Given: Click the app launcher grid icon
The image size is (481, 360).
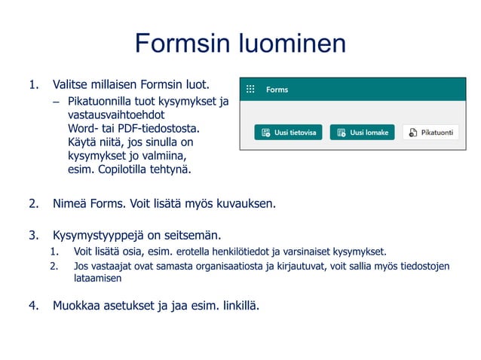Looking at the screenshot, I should pos(250,90).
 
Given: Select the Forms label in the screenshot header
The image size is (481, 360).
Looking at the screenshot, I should pos(277,90).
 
